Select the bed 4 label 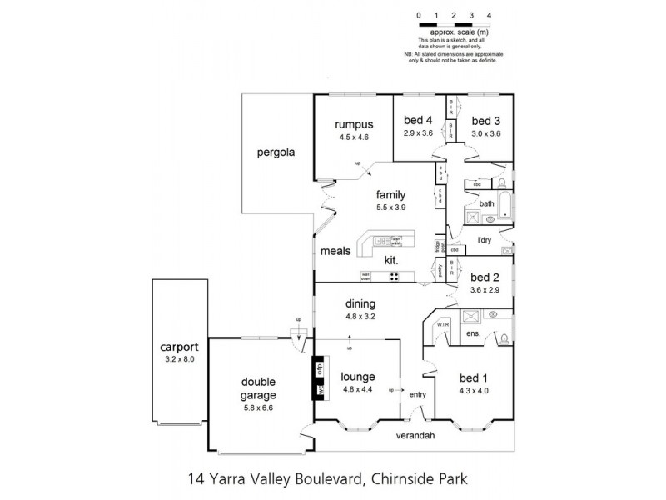pos(419,119)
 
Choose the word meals pos(335,249)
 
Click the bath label pos(486,203)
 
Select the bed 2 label pos(485,277)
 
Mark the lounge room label pos(358,376)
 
